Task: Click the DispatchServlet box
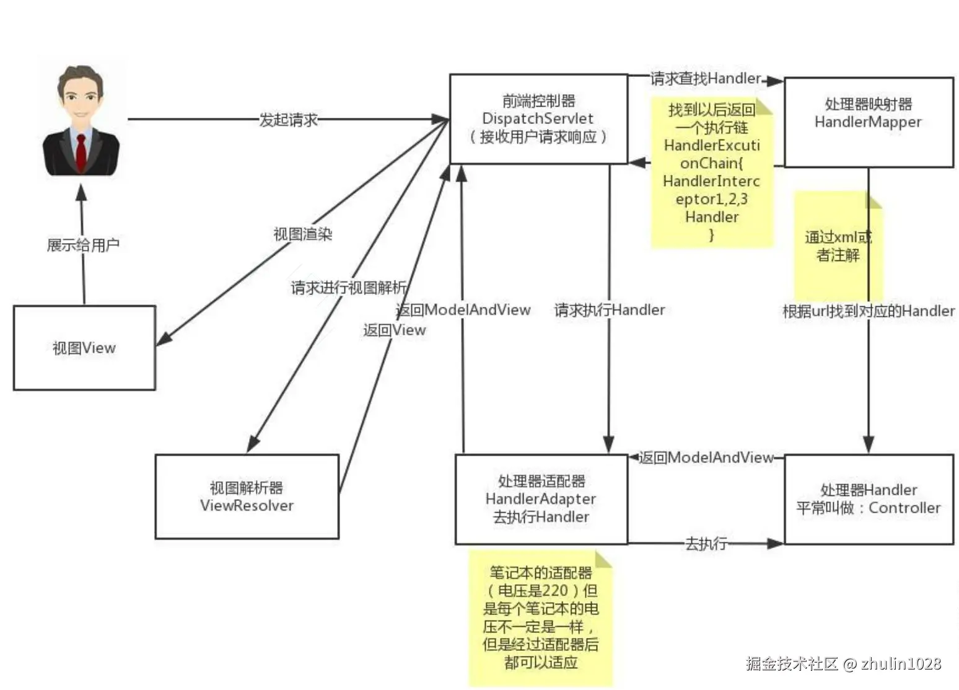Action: coord(538,119)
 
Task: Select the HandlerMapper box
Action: coord(868,122)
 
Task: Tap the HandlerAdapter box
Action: coord(541,499)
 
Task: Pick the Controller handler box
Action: coord(868,499)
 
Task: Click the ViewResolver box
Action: coord(247,497)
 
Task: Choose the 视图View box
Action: coord(84,348)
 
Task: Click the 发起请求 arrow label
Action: coord(288,120)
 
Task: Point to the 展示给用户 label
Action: coord(83,245)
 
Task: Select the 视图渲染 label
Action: coord(303,234)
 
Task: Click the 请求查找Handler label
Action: coord(705,79)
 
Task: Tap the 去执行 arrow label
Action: coord(706,544)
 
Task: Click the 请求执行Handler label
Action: coord(610,310)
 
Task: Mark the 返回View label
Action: coord(395,330)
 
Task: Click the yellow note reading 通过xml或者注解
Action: coord(838,246)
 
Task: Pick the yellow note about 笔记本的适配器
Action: coord(540,617)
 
